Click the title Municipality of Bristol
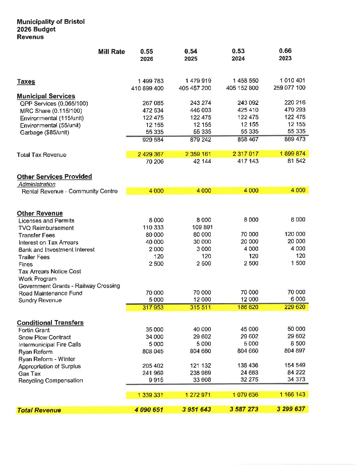(51, 22)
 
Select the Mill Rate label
(112, 52)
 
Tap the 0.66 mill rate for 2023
(285, 51)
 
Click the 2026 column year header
(147, 59)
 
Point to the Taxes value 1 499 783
(151, 81)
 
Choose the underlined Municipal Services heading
(46, 96)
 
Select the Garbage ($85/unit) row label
(45, 132)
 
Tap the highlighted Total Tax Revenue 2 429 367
(151, 154)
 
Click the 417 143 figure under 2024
(248, 161)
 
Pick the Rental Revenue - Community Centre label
(69, 191)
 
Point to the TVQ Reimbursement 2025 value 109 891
(202, 227)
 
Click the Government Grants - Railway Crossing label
(69, 286)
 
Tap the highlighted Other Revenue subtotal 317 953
(153, 307)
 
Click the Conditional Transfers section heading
(50, 323)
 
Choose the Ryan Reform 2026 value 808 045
(153, 351)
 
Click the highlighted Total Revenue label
(39, 410)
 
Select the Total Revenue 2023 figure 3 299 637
(291, 409)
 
